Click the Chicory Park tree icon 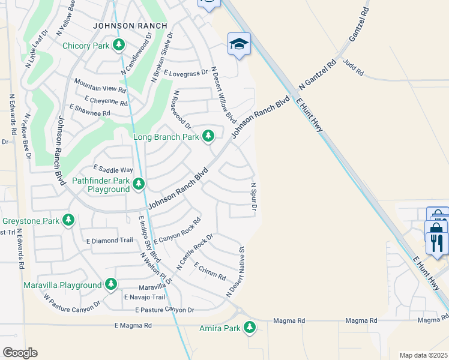tap(119, 45)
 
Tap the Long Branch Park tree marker tap(208, 136)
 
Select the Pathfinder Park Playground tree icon tap(139, 183)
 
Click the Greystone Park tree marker tap(69, 220)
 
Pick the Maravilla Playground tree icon tap(110, 284)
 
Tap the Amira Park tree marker tap(249, 328)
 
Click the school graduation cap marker tap(239, 44)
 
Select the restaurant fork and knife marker tap(437, 243)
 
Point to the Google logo tap(20, 353)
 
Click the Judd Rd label tap(353, 67)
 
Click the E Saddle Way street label tap(113, 170)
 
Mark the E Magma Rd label tap(133, 325)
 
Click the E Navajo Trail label tap(144, 297)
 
